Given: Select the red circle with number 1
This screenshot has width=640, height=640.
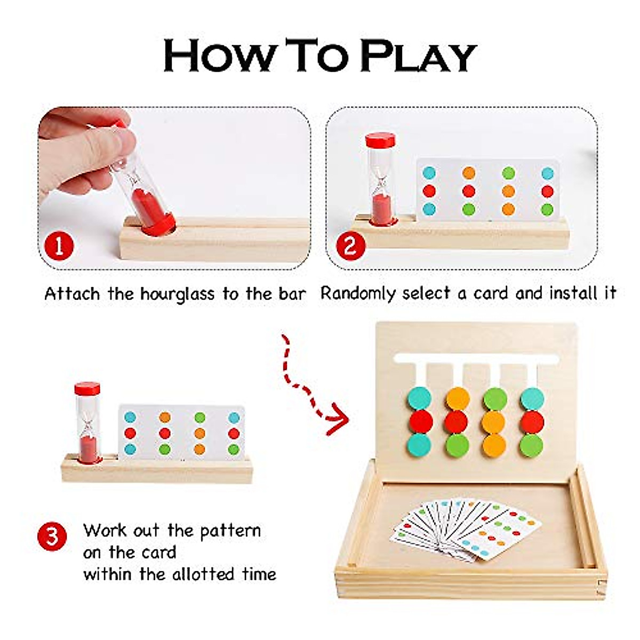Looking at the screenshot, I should point(60,247).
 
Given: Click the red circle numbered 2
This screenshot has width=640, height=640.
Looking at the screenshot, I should point(349,247).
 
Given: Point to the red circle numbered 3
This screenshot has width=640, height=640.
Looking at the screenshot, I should point(52,535).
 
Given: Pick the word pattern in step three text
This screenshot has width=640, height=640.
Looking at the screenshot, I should point(230,531).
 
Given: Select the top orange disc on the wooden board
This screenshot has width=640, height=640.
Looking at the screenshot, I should point(457,399).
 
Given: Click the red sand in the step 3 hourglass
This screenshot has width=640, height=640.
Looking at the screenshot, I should point(89,448).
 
